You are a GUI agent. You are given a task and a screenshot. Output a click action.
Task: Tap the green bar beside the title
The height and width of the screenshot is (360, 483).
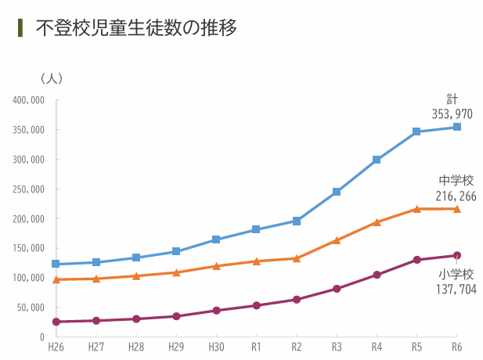(20, 27)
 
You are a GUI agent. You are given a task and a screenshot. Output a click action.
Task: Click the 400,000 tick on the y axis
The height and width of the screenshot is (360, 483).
(29, 100)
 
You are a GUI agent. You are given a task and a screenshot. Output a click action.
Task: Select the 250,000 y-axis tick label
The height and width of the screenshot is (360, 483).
(29, 189)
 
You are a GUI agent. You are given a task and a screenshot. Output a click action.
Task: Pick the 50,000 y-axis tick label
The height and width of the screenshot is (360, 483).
(31, 308)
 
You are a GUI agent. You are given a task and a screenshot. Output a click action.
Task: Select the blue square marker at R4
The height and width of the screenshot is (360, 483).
(377, 160)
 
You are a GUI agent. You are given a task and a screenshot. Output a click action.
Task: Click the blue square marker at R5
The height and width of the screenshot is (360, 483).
(416, 131)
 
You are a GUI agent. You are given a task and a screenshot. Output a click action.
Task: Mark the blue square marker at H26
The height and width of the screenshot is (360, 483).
(56, 264)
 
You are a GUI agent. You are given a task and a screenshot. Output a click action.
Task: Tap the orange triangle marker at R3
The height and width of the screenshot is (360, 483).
(337, 240)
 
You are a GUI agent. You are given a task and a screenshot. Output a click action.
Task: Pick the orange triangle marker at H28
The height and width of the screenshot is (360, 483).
(136, 275)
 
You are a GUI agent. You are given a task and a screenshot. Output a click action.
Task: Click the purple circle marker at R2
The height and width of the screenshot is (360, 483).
(297, 299)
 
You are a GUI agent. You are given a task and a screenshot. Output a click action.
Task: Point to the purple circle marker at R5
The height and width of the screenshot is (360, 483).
(416, 260)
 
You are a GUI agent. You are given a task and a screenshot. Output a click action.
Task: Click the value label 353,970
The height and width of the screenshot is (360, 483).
(452, 114)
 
